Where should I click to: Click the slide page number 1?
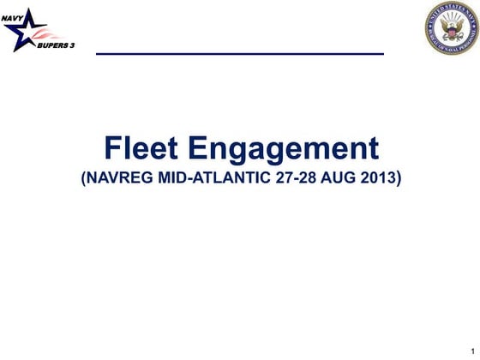(471, 351)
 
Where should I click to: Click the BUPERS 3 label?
(56, 44)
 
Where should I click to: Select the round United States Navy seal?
(451, 28)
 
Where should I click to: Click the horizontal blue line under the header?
(239, 54)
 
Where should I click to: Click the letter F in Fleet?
(112, 148)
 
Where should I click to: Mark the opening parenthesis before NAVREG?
(82, 180)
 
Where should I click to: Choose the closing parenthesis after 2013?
(399, 180)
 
